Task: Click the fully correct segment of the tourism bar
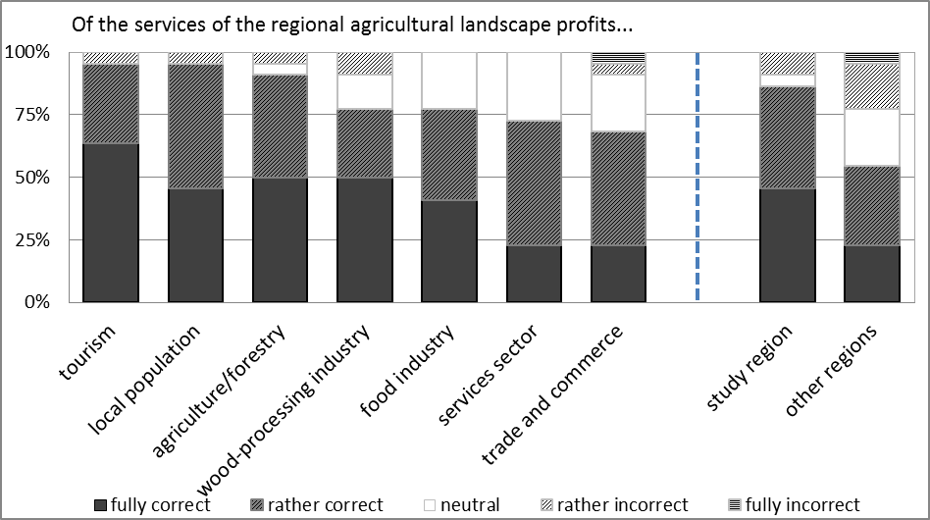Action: (x=111, y=223)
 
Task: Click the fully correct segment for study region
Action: (x=788, y=245)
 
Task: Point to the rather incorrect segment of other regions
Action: (x=872, y=86)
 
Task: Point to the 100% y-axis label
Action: (x=30, y=52)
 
